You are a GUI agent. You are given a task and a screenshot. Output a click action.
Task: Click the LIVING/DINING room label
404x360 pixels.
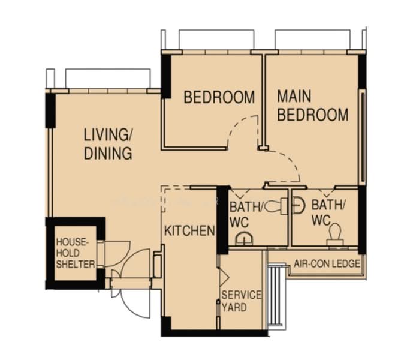[108, 144]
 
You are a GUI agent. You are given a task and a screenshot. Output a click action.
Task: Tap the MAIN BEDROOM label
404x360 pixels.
[312, 106]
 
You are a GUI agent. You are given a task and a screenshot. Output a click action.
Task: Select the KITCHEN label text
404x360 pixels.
[189, 231]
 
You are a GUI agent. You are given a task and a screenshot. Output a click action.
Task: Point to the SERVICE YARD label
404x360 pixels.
[241, 301]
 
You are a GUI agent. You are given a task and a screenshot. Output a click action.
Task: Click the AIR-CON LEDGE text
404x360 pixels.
[327, 263]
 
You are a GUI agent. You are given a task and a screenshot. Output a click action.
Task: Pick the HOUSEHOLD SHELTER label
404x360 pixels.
[76, 253]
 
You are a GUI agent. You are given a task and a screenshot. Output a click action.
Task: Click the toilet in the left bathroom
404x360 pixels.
[276, 206]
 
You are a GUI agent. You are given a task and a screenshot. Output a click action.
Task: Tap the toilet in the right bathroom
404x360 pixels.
[335, 235]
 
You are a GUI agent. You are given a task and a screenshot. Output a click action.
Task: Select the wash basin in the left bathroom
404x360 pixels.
[244, 239]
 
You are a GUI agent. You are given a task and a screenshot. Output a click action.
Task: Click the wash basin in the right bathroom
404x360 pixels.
[299, 206]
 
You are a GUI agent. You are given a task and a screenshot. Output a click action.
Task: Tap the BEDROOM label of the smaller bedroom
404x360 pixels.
[219, 97]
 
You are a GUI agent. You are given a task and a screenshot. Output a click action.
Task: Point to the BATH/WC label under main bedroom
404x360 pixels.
[328, 213]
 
